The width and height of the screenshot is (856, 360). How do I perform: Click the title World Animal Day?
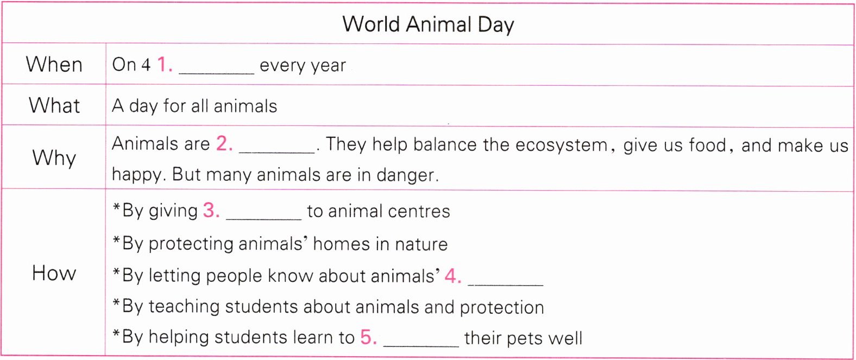pyautogui.click(x=428, y=25)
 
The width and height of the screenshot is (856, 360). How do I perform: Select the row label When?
pyautogui.click(x=54, y=64)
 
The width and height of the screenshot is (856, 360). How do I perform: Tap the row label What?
pyautogui.click(x=54, y=105)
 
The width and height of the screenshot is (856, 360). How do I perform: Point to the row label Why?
pyautogui.click(x=54, y=158)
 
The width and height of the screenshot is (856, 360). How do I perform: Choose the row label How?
pyautogui.click(x=54, y=273)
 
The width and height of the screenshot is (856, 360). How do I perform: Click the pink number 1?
pyautogui.click(x=165, y=64)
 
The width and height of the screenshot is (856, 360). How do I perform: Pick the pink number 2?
pyautogui.click(x=224, y=144)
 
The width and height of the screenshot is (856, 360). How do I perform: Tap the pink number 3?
pyautogui.click(x=211, y=210)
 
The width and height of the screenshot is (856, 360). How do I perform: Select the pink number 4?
pyautogui.click(x=453, y=275)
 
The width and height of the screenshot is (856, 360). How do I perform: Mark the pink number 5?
pyautogui.click(x=369, y=337)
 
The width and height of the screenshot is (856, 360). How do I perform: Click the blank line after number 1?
pyautogui.click(x=216, y=73)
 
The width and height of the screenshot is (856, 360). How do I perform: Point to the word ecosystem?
pyautogui.click(x=562, y=146)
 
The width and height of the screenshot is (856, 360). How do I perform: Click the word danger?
pyautogui.click(x=407, y=175)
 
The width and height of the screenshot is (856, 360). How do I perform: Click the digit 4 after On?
pyautogui.click(x=146, y=65)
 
